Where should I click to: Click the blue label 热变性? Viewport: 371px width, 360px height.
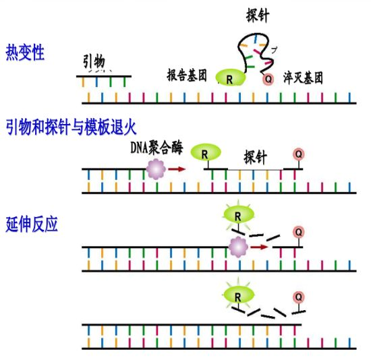coord(25,53)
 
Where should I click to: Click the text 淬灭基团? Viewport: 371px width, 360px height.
coord(303,77)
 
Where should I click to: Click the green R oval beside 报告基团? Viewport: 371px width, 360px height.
coord(231,79)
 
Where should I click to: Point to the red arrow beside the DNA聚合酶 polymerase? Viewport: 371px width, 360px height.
coord(177,169)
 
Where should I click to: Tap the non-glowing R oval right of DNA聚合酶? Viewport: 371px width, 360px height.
coord(205,153)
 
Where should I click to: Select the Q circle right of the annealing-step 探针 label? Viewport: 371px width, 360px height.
coord(297,154)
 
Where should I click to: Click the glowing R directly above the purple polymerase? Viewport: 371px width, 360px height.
coord(237,214)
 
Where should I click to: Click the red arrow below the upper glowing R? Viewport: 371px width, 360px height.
coord(259,247)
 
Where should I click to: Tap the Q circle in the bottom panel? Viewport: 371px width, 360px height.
coord(297,297)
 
